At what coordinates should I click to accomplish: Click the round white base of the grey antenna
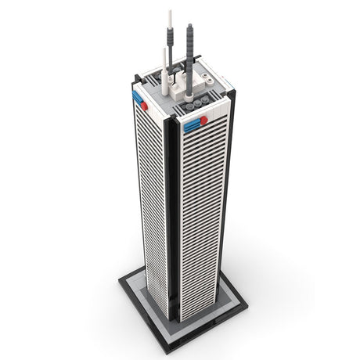point(188,81)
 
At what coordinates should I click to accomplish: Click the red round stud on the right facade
point(203,121)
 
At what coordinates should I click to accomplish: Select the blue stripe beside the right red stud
point(192,123)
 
